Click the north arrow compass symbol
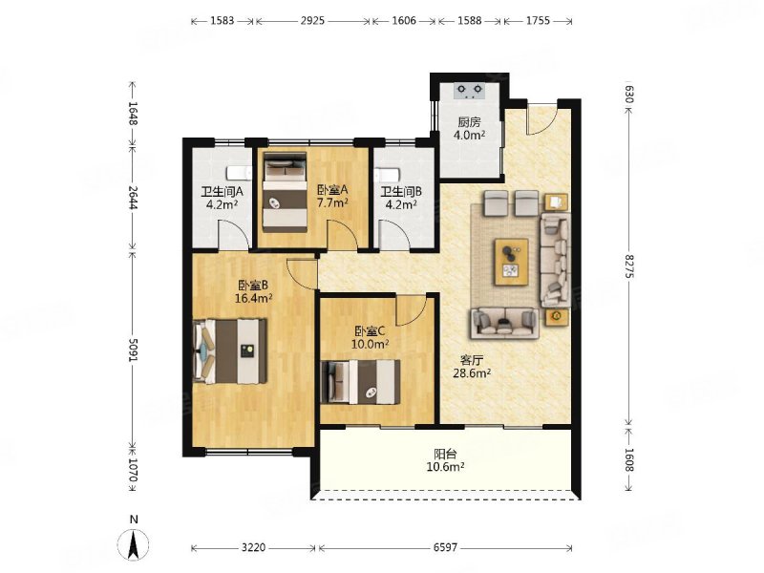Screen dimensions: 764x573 [134, 543]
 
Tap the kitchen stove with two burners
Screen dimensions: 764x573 [470, 91]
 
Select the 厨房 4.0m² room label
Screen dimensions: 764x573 [469, 129]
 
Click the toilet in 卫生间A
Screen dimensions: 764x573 [239, 173]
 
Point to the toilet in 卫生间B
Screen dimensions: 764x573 [388, 174]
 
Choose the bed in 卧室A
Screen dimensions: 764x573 [285, 193]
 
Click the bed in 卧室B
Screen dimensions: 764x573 [230, 350]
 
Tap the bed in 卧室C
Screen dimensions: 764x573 [361, 382]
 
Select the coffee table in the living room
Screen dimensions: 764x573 [512, 261]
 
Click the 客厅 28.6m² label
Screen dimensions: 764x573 [472, 367]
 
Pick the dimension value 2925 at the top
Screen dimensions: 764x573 [312, 20]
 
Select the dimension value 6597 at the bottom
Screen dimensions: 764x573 [445, 547]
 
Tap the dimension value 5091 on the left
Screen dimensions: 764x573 [133, 349]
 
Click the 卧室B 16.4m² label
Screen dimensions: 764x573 [253, 291]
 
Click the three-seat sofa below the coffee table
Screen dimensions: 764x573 [505, 323]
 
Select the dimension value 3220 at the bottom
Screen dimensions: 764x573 [253, 547]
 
